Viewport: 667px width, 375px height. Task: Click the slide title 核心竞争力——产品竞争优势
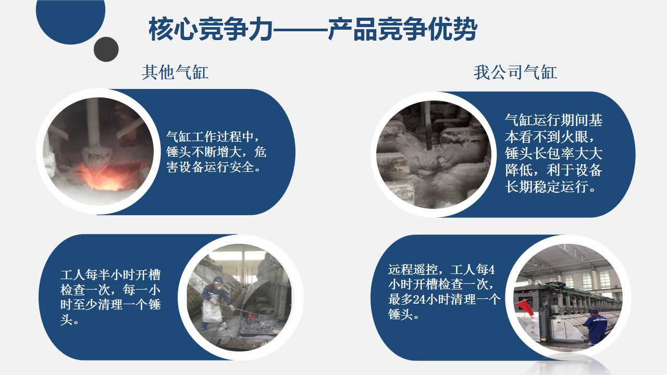click(x=313, y=29)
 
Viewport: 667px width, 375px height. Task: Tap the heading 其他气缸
click(x=175, y=72)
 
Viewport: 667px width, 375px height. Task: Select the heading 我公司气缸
click(x=515, y=72)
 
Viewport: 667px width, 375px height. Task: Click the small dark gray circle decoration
click(x=106, y=49)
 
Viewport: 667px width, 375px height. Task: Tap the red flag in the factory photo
click(x=525, y=308)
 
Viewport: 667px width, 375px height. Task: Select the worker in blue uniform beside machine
click(x=595, y=327)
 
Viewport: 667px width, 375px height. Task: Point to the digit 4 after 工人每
click(x=491, y=270)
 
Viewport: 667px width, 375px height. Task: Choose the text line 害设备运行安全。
click(x=214, y=167)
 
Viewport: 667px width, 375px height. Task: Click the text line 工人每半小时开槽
click(x=110, y=274)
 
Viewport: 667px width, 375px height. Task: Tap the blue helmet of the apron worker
click(x=218, y=280)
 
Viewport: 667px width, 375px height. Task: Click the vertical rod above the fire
click(x=93, y=122)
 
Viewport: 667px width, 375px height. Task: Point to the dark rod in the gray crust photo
click(x=428, y=125)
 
